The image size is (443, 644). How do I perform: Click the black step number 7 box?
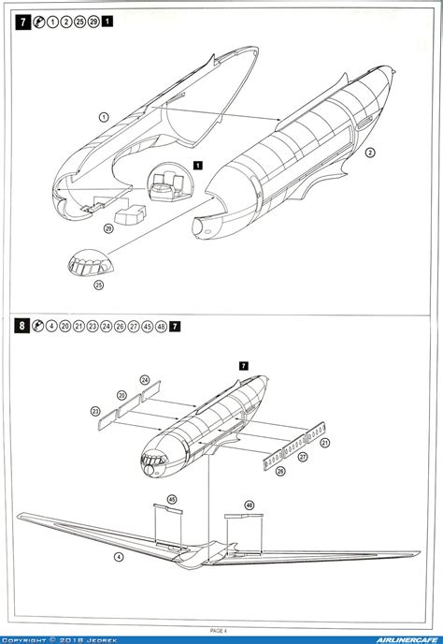tap(21, 21)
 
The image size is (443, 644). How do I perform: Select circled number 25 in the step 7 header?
tap(79, 21)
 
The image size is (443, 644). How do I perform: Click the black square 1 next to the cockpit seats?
tap(198, 165)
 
